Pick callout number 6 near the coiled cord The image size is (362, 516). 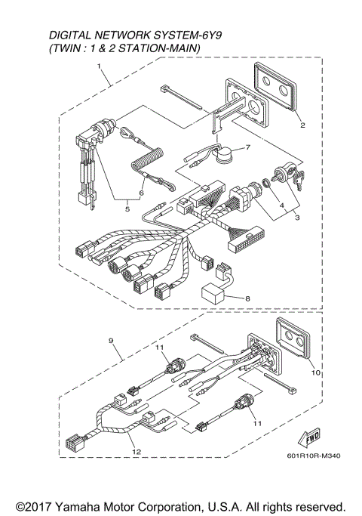[141, 192]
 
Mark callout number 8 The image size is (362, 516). [249, 298]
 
